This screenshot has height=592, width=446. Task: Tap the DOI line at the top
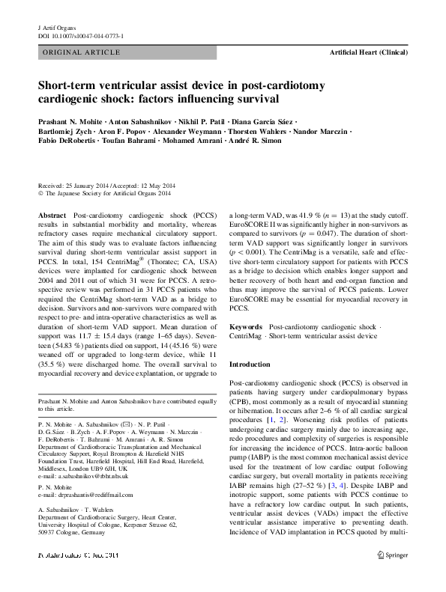(x=81, y=35)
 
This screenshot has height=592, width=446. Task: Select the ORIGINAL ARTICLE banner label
(x=82, y=52)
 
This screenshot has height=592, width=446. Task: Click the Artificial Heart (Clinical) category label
(x=368, y=53)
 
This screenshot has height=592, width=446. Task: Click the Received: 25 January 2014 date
(x=71, y=184)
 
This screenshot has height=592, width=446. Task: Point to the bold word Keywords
(x=245, y=327)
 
